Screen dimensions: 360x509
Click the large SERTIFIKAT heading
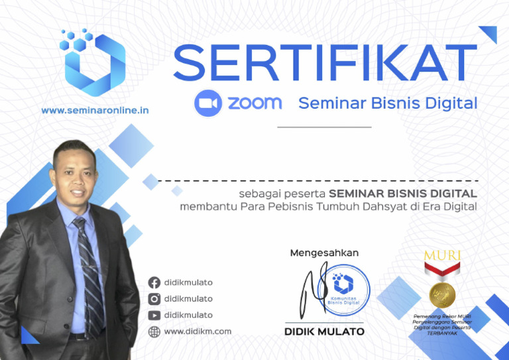[x=325, y=64]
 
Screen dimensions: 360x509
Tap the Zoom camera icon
[x=207, y=103]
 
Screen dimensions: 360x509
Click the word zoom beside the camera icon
[x=255, y=103]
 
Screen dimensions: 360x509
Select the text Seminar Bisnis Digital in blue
[x=388, y=103]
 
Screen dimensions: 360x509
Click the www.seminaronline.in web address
[x=95, y=110]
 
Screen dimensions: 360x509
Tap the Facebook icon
[x=154, y=282]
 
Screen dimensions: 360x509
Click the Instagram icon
[x=154, y=299]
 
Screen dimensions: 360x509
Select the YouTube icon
[x=154, y=316]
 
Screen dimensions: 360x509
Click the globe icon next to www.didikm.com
[x=154, y=331]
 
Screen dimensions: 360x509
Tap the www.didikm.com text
[x=198, y=331]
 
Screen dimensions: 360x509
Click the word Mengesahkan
[x=324, y=253]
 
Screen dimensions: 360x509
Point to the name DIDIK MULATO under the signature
[x=324, y=331]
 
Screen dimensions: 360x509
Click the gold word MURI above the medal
[x=442, y=255]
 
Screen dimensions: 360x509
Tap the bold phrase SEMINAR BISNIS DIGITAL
[x=403, y=194]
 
